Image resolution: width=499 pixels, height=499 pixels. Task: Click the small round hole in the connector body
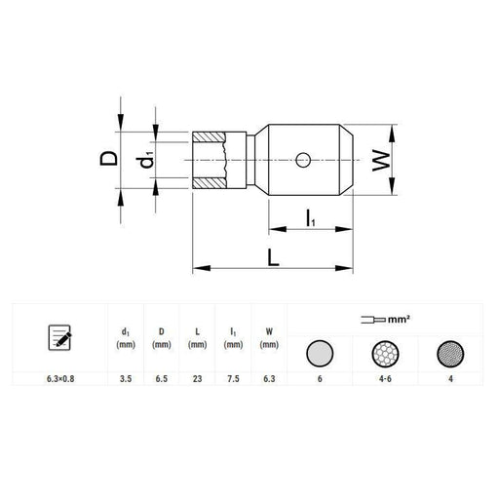pos(304,158)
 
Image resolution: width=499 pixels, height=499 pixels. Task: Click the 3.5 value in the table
pos(125,380)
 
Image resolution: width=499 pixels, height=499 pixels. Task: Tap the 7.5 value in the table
pos(233,380)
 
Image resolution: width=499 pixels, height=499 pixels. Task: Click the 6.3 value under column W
pos(268,380)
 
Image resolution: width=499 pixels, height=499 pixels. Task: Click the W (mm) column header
pos(268,338)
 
